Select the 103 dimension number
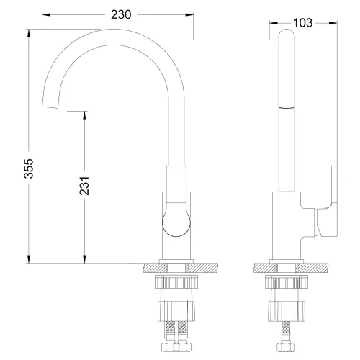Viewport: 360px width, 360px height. click(303, 23)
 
